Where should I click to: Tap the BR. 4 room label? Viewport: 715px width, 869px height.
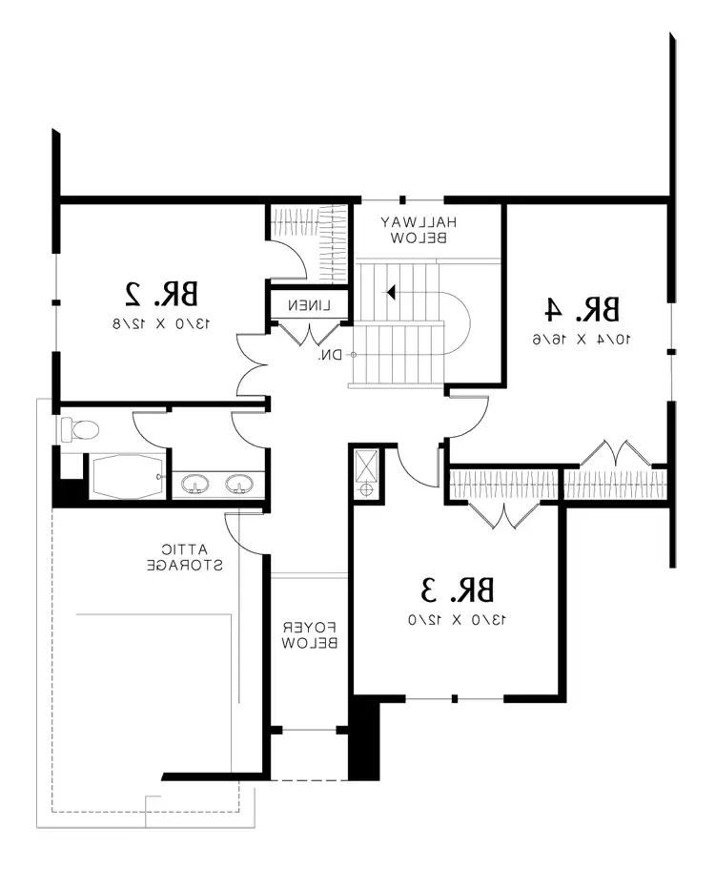coord(582,309)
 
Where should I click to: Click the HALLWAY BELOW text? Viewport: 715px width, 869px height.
coord(419,229)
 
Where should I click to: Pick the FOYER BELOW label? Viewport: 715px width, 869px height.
coord(308,636)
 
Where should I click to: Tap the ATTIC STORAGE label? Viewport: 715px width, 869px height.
coord(186,557)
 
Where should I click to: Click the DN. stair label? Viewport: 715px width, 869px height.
coord(330,355)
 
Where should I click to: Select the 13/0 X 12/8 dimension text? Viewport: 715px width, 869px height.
coord(163,324)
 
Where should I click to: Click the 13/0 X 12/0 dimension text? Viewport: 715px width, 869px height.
coord(458,620)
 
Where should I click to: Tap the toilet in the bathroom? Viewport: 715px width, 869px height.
coord(77,429)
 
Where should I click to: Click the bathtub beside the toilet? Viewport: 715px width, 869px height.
coord(126,476)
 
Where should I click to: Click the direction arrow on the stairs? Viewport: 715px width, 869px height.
coord(392,292)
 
